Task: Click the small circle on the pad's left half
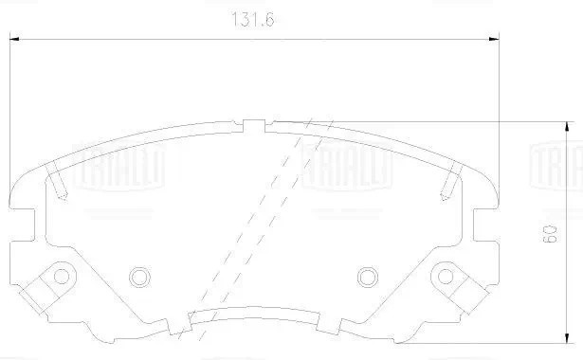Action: (x=139, y=277)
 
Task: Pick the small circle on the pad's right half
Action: (x=368, y=277)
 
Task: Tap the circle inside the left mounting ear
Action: (x=63, y=277)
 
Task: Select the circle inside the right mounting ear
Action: (x=445, y=277)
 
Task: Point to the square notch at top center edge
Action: (x=253, y=125)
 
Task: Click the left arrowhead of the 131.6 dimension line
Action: (x=16, y=39)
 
